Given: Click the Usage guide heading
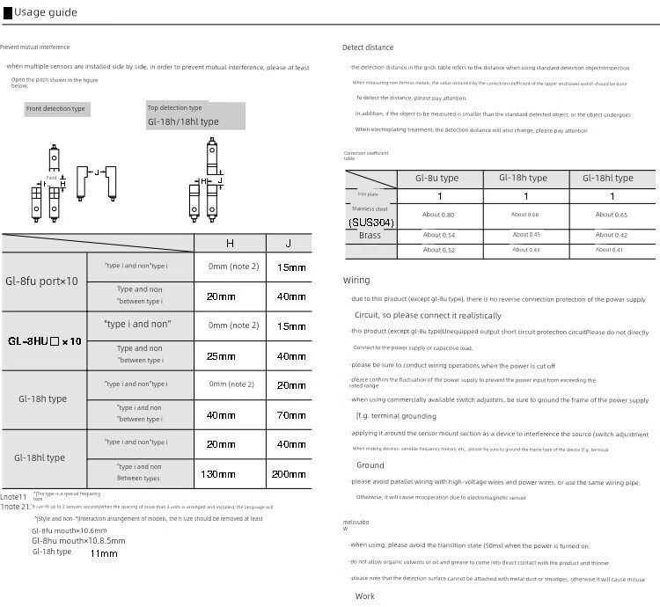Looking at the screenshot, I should pyautogui.click(x=46, y=12).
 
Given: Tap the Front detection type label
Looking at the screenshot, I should pyautogui.click(x=55, y=108).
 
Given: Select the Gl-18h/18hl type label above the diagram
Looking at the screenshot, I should pyautogui.click(x=183, y=121).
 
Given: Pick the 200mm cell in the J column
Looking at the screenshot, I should pyautogui.click(x=289, y=474).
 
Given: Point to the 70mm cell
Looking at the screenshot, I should pyautogui.click(x=291, y=414).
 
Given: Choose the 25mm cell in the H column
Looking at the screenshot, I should pyautogui.click(x=221, y=356).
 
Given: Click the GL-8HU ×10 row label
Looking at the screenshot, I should pyautogui.click(x=45, y=340).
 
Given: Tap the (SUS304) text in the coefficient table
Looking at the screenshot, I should pyautogui.click(x=371, y=223).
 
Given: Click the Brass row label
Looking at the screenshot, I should pyautogui.click(x=370, y=237).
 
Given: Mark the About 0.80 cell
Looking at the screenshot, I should pyautogui.click(x=438, y=215).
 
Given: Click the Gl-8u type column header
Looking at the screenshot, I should pyautogui.click(x=437, y=178).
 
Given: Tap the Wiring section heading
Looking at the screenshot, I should pyautogui.click(x=356, y=281).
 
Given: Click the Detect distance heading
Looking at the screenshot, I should pyautogui.click(x=368, y=48).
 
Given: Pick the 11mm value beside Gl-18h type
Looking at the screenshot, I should pyautogui.click(x=104, y=553).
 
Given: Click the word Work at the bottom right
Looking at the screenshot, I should pyautogui.click(x=364, y=596).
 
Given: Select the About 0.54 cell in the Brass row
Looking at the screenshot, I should pyautogui.click(x=438, y=235).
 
